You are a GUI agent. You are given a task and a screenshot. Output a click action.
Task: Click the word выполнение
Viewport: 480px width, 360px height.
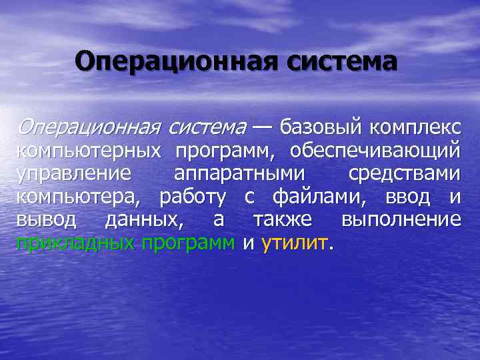coord(400,220)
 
